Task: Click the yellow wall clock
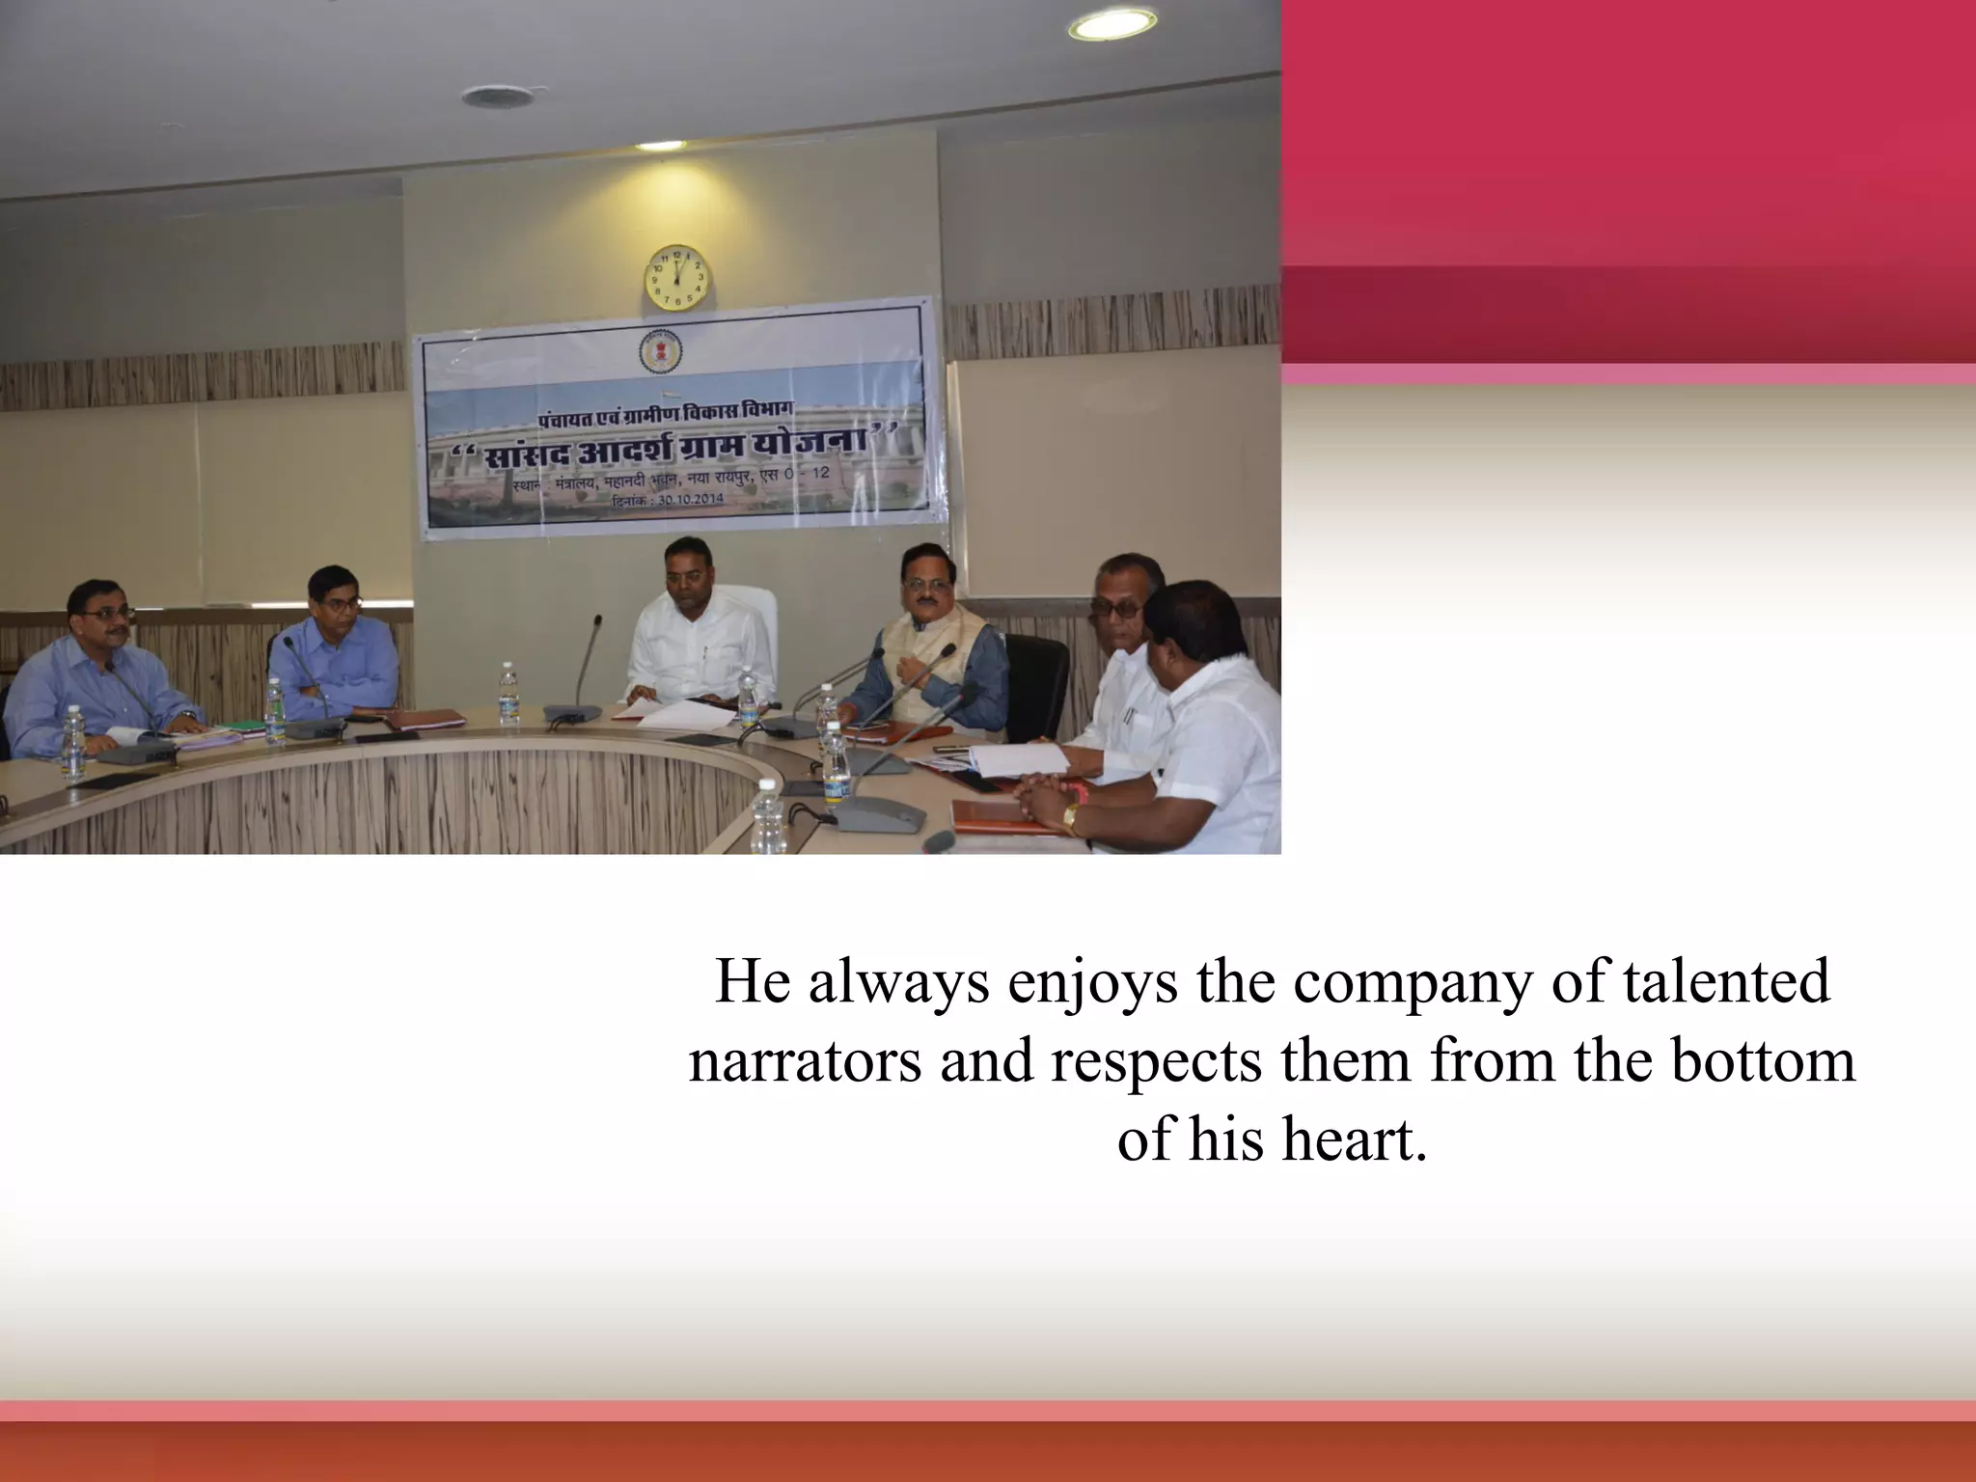click(676, 277)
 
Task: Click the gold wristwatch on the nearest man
click(1070, 819)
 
